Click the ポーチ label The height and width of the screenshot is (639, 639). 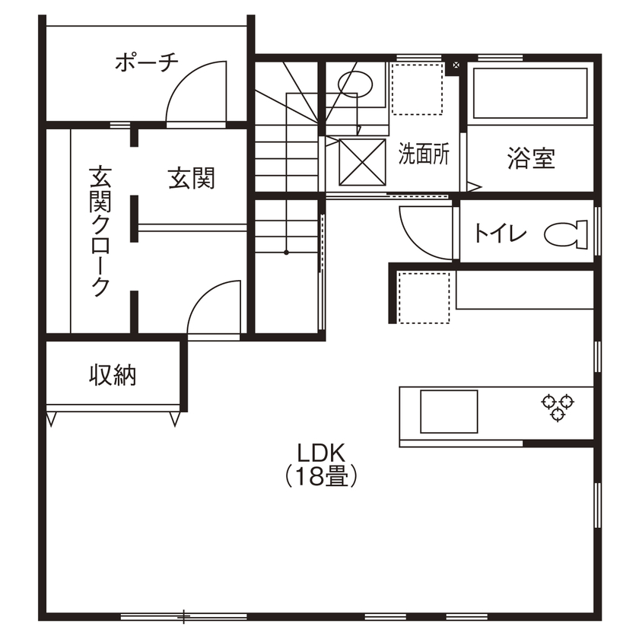coord(146,62)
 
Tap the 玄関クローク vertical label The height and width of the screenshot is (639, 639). coord(100,231)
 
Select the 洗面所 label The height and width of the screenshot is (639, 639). coord(424,155)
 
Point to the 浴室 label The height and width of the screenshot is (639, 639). coord(531,158)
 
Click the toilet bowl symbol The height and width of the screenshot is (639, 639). coord(567,234)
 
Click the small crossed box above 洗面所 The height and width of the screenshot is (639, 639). coord(456,66)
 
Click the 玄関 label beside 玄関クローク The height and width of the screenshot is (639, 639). coord(191,179)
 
